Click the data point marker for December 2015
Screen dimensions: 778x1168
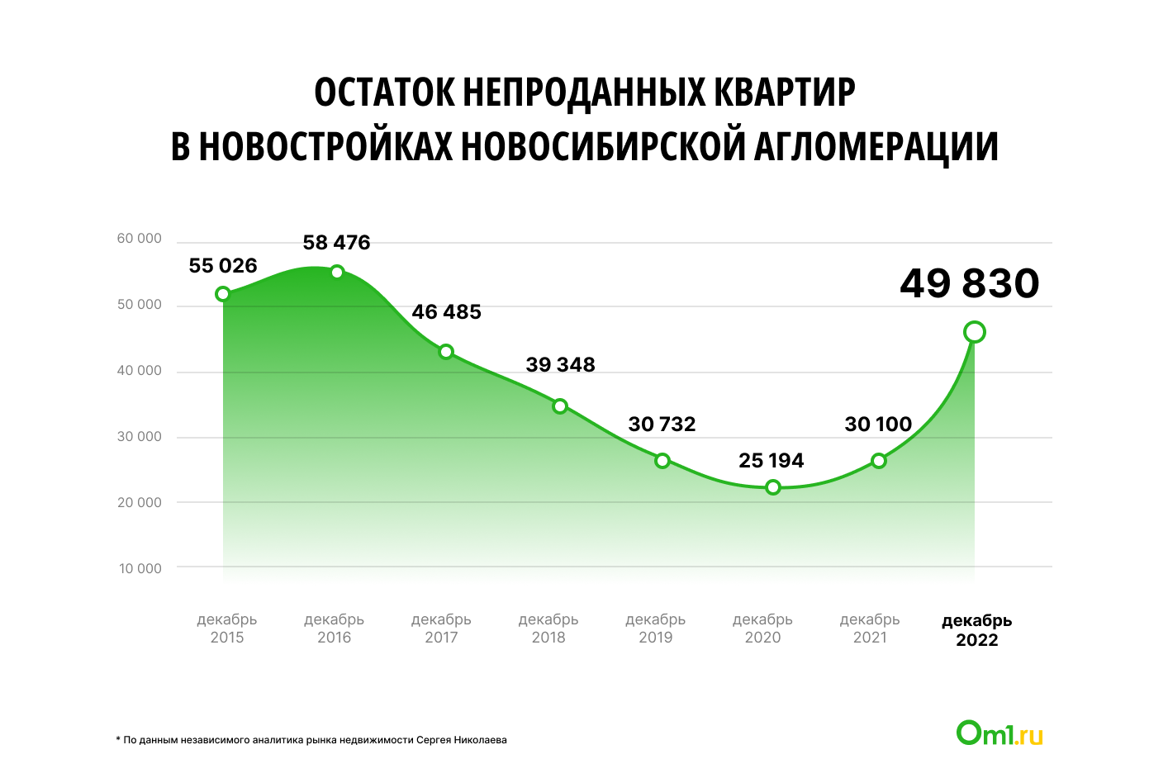[222, 294]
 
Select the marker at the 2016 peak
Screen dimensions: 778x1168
[337, 272]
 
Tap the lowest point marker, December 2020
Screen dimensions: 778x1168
[773, 487]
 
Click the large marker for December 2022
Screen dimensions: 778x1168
[975, 332]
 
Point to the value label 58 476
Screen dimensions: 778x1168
[336, 243]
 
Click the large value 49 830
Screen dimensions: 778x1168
[969, 283]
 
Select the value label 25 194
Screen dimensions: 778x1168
[771, 461]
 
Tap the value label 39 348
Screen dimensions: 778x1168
[560, 365]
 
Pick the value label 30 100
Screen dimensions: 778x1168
[878, 425]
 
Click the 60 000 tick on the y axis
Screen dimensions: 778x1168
[140, 239]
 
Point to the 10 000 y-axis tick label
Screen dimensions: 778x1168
[140, 568]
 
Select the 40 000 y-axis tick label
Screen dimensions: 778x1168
[140, 371]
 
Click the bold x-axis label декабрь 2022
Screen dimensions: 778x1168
[977, 630]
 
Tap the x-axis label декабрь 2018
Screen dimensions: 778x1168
[548, 629]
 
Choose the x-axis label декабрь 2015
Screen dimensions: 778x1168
[227, 629]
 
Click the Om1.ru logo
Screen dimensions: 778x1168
[999, 733]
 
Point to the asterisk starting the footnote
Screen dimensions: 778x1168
[118, 739]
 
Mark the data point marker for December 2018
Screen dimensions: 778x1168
[560, 406]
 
